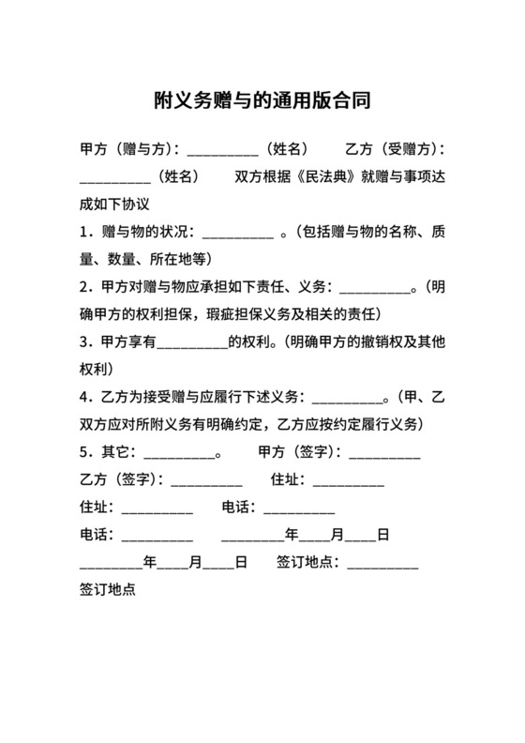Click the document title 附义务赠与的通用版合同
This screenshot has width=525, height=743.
[262, 98]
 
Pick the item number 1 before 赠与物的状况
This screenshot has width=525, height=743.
[84, 232]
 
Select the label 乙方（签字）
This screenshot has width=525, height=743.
[117, 480]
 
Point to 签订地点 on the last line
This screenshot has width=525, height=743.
[109, 591]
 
